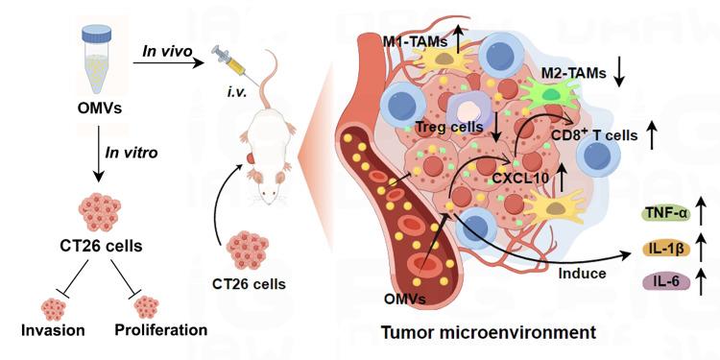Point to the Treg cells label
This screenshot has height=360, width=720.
coord(449,126)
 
